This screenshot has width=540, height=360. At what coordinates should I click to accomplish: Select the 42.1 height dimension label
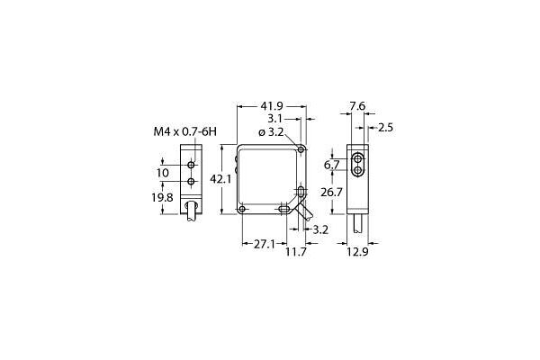(x=220, y=180)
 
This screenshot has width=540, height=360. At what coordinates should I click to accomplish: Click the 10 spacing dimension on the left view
(x=163, y=173)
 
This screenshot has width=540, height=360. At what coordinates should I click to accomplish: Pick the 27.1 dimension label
(x=263, y=243)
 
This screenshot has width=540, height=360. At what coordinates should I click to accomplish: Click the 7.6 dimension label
(x=356, y=106)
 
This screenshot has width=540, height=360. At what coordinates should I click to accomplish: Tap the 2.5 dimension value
(x=385, y=128)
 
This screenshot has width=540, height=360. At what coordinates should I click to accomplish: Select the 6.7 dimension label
(x=331, y=166)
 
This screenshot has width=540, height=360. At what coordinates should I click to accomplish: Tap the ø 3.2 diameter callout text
(x=272, y=132)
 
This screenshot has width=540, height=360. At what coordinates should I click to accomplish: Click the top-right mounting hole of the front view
(x=303, y=149)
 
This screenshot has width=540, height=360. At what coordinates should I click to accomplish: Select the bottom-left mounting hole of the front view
(x=242, y=211)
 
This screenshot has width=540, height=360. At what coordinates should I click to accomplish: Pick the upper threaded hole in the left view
(x=191, y=166)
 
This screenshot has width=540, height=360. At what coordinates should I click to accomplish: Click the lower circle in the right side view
(x=359, y=169)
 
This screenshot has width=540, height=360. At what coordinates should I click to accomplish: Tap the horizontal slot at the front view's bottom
(x=286, y=211)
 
